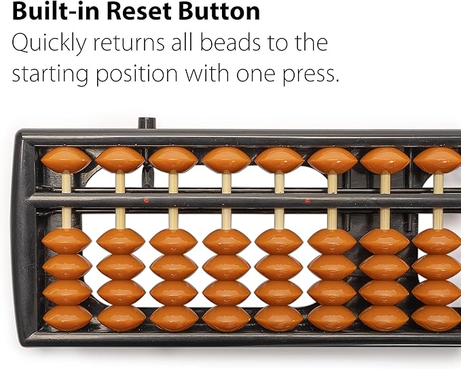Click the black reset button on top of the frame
coord(147,123)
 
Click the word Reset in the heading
coord(138,11)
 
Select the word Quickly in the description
coord(49,44)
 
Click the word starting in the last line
coord(50,75)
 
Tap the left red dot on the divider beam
coord(146,201)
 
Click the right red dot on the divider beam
coord(308,201)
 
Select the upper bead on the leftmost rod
coord(66,160)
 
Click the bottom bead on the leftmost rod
coord(67,319)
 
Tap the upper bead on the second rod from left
coord(120,160)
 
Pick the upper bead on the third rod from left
coord(173,160)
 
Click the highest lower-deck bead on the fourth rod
coord(226,241)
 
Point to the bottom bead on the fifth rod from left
coord(279,319)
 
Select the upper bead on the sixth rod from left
coord(333,160)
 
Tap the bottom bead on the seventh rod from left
coord(384,319)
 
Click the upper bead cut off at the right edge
coord(437,160)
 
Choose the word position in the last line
coord(137,75)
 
